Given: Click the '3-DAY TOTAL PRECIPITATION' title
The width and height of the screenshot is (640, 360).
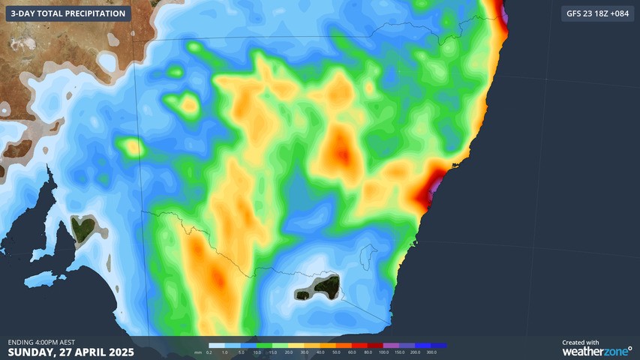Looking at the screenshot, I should click(x=68, y=13).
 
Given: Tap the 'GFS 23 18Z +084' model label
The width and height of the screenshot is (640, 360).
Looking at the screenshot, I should click(x=596, y=13).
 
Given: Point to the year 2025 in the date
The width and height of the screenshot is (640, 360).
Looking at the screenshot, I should click(x=119, y=352).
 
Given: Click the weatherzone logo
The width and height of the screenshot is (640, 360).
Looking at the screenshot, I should click(x=596, y=350).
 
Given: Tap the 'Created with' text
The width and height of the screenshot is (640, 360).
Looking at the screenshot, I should click(x=580, y=342).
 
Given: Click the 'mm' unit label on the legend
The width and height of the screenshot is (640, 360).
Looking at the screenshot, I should click(x=198, y=352).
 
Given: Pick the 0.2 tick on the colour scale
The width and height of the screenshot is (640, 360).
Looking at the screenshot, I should click(x=209, y=352).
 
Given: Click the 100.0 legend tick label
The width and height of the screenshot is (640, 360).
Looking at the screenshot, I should click(x=384, y=352).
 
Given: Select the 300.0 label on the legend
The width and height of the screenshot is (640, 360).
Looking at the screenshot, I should click(x=431, y=352).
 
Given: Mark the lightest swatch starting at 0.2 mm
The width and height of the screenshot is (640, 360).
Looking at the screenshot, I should click(x=217, y=346).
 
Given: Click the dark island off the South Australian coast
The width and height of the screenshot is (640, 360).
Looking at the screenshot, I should click(x=83, y=226).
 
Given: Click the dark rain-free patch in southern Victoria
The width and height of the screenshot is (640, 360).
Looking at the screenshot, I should click(x=326, y=285).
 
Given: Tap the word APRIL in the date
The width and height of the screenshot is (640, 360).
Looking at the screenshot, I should click(x=85, y=352).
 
